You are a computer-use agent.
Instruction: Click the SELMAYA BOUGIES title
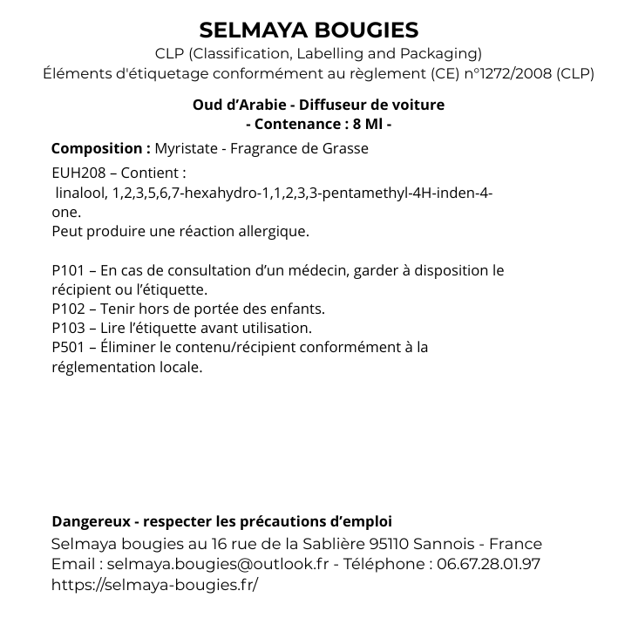pos(309,31)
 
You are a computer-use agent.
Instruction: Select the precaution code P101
pos(68,271)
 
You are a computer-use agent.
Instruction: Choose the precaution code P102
pos(68,309)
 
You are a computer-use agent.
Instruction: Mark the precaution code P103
pos(68,328)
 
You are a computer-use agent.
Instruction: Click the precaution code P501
pos(68,347)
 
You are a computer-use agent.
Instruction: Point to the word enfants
pos(296,309)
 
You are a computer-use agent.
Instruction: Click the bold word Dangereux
pos(89,522)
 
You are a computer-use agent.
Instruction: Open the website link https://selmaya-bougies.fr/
pos(155,584)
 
